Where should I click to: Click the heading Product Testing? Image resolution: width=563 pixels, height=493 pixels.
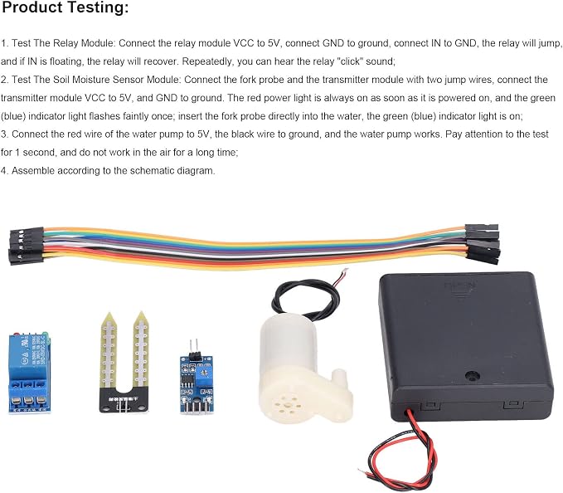[65, 7]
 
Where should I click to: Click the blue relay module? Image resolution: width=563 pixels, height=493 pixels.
[29, 373]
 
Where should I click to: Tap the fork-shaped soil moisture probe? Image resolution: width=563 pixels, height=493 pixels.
[124, 362]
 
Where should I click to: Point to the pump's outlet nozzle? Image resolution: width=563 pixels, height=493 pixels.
[340, 378]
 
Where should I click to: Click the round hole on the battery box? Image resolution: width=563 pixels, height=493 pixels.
[472, 376]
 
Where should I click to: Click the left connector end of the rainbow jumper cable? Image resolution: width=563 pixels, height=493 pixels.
[26, 246]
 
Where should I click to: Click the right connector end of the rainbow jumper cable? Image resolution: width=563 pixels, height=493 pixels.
[482, 244]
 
